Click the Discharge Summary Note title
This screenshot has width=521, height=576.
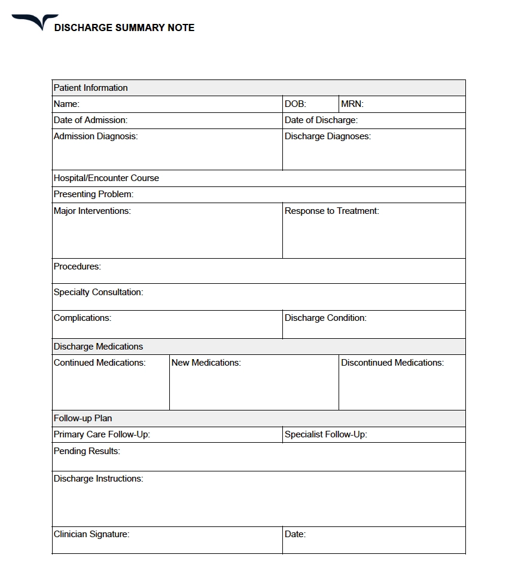[124, 27]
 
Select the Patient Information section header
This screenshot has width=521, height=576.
[90, 88]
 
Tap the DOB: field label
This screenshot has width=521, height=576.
[295, 104]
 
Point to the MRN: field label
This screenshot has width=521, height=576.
[352, 104]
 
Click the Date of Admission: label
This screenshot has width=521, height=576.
[90, 120]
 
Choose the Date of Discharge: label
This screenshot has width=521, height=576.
[321, 120]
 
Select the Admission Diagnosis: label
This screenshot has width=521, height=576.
[95, 136]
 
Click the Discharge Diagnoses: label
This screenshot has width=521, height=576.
[327, 136]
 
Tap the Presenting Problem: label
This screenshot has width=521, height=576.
[93, 194]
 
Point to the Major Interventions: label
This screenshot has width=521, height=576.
[92, 211]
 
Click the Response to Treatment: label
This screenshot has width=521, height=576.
[331, 211]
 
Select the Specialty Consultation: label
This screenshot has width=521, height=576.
[98, 292]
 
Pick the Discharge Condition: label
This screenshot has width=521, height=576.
[325, 318]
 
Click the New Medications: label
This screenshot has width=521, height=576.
[206, 363]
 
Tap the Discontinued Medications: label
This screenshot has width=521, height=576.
[392, 363]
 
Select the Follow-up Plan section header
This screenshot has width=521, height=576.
[83, 418]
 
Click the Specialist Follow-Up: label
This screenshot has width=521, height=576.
[325, 434]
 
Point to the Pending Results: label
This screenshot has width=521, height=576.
[87, 451]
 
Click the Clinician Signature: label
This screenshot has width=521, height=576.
[91, 534]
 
